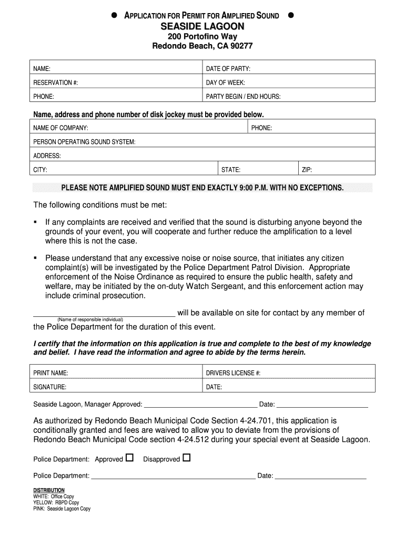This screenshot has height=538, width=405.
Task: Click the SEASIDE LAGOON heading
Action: pyautogui.click(x=202, y=26)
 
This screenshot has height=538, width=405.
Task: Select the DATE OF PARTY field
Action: pyautogui.click(x=289, y=69)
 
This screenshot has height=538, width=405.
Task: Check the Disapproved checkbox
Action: pyautogui.click(x=186, y=458)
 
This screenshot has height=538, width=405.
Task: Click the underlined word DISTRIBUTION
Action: pyautogui.click(x=49, y=490)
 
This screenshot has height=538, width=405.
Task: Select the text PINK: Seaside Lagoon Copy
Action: pyautogui.click(x=62, y=509)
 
